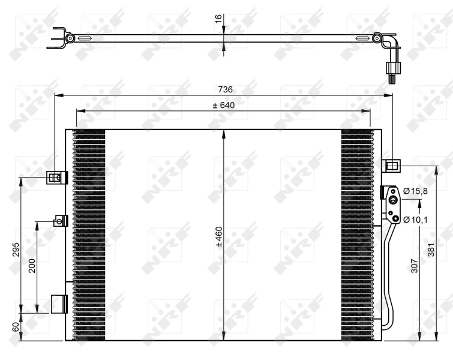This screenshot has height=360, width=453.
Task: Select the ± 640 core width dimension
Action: coord(223,106)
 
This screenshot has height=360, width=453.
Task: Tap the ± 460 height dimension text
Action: coord(219,235)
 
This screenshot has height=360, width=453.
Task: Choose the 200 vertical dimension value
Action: coord(32,266)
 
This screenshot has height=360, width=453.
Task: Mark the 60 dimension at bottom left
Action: coord(16,328)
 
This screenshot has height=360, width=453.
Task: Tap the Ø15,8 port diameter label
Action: coord(415,191)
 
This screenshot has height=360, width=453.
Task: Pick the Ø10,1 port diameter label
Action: coord(415,219)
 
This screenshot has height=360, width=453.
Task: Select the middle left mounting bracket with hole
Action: coord(59,221)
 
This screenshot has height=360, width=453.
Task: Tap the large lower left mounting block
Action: coord(58,304)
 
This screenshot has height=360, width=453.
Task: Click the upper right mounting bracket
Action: coord(391,165)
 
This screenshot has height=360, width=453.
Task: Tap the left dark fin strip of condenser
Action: coord(88,234)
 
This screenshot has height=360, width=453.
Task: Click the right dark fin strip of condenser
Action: coord(356,234)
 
